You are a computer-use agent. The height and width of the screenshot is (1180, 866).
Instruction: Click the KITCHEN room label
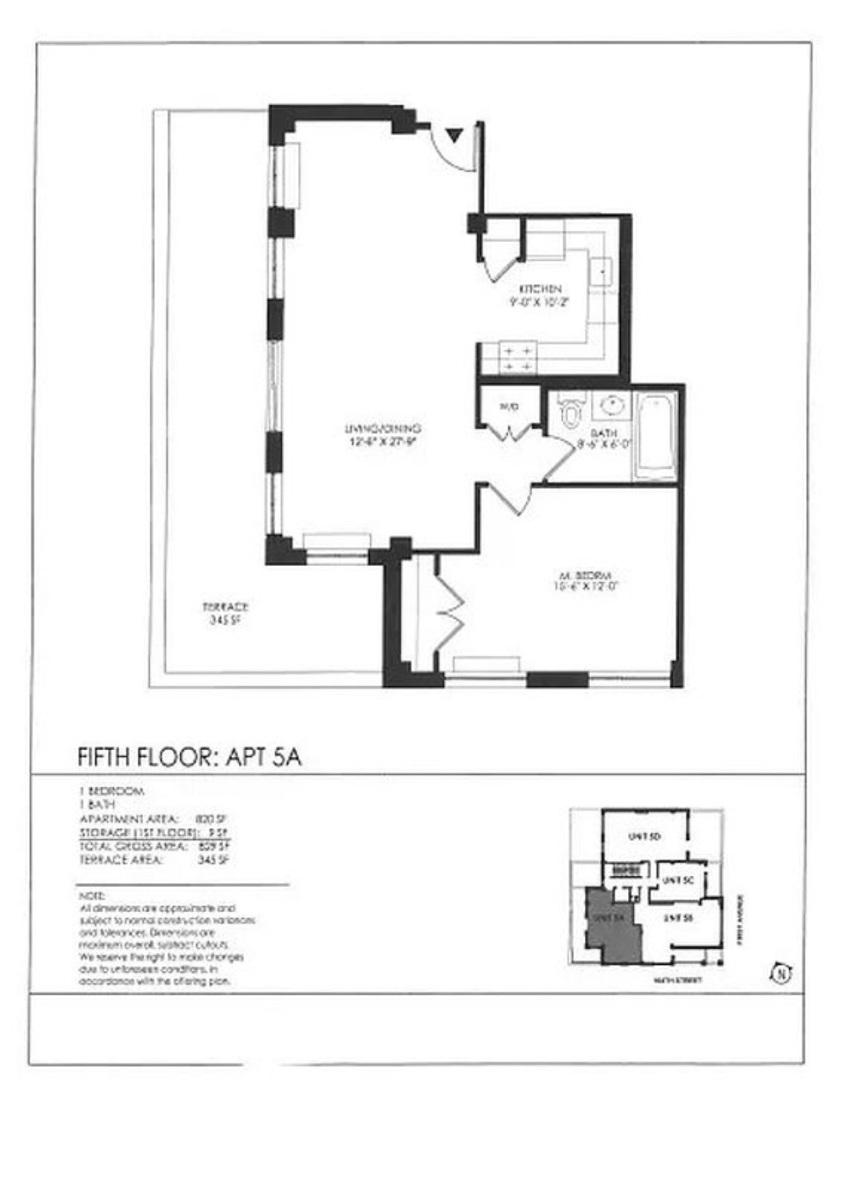click(540, 289)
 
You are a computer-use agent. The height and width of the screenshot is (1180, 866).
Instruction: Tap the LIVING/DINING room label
click(383, 428)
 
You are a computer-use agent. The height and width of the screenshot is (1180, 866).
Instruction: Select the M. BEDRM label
click(585, 576)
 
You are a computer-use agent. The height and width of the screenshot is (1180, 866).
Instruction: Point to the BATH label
click(603, 433)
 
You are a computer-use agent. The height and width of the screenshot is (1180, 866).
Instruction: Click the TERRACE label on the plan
click(226, 607)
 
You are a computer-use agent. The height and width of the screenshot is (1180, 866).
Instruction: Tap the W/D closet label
click(509, 407)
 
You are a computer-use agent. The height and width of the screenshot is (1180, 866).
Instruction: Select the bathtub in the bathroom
click(656, 435)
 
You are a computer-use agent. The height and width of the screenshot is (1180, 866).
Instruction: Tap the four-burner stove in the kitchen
click(517, 359)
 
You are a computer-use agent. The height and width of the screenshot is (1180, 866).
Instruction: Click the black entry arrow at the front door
click(455, 134)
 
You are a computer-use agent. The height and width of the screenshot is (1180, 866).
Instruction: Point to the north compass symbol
click(781, 974)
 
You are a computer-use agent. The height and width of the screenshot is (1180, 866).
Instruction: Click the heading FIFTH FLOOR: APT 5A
click(190, 757)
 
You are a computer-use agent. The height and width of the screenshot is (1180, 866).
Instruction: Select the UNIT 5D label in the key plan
click(644, 837)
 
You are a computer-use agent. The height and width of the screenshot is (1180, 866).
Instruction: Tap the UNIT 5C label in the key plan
click(677, 880)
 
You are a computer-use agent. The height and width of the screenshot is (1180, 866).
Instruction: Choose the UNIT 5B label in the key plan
click(679, 918)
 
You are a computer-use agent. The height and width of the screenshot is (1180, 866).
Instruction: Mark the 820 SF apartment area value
click(205, 818)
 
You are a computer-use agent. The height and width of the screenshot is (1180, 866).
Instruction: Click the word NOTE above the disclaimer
click(92, 897)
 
